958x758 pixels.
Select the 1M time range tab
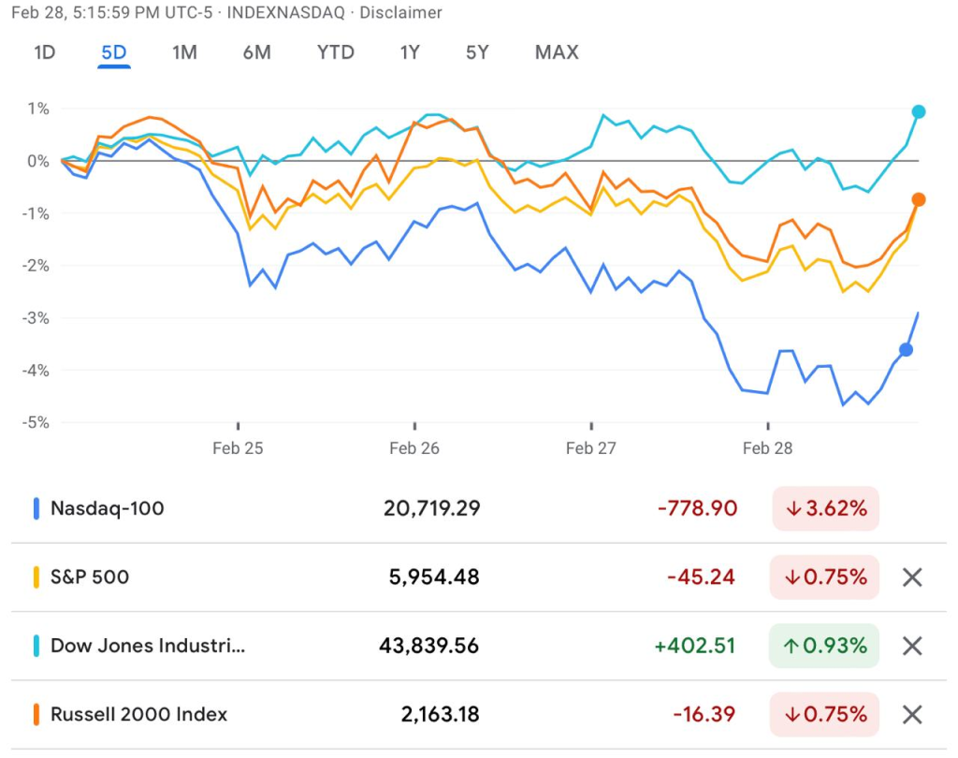tap(184, 52)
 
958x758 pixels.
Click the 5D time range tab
tap(113, 52)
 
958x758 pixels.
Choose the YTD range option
tap(335, 52)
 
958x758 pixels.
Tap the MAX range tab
tap(557, 52)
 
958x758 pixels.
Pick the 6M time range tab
tap(256, 52)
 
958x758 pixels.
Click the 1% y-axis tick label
tap(38, 109)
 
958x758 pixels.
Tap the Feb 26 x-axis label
tap(414, 448)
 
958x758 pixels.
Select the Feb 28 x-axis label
tap(767, 448)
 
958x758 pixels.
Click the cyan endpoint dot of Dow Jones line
tap(919, 112)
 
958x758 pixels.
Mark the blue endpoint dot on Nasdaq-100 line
tap(906, 350)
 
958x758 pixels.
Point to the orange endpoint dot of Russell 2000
tap(919, 199)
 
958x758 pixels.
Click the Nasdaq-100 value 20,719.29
tap(431, 508)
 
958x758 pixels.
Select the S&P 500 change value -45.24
tap(701, 577)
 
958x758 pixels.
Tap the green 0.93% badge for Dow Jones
tap(824, 646)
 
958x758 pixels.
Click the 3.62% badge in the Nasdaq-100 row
tap(824, 508)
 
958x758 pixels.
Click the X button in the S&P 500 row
tap(912, 577)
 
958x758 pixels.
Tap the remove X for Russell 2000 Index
tap(912, 715)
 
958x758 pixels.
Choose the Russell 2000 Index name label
tap(138, 715)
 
